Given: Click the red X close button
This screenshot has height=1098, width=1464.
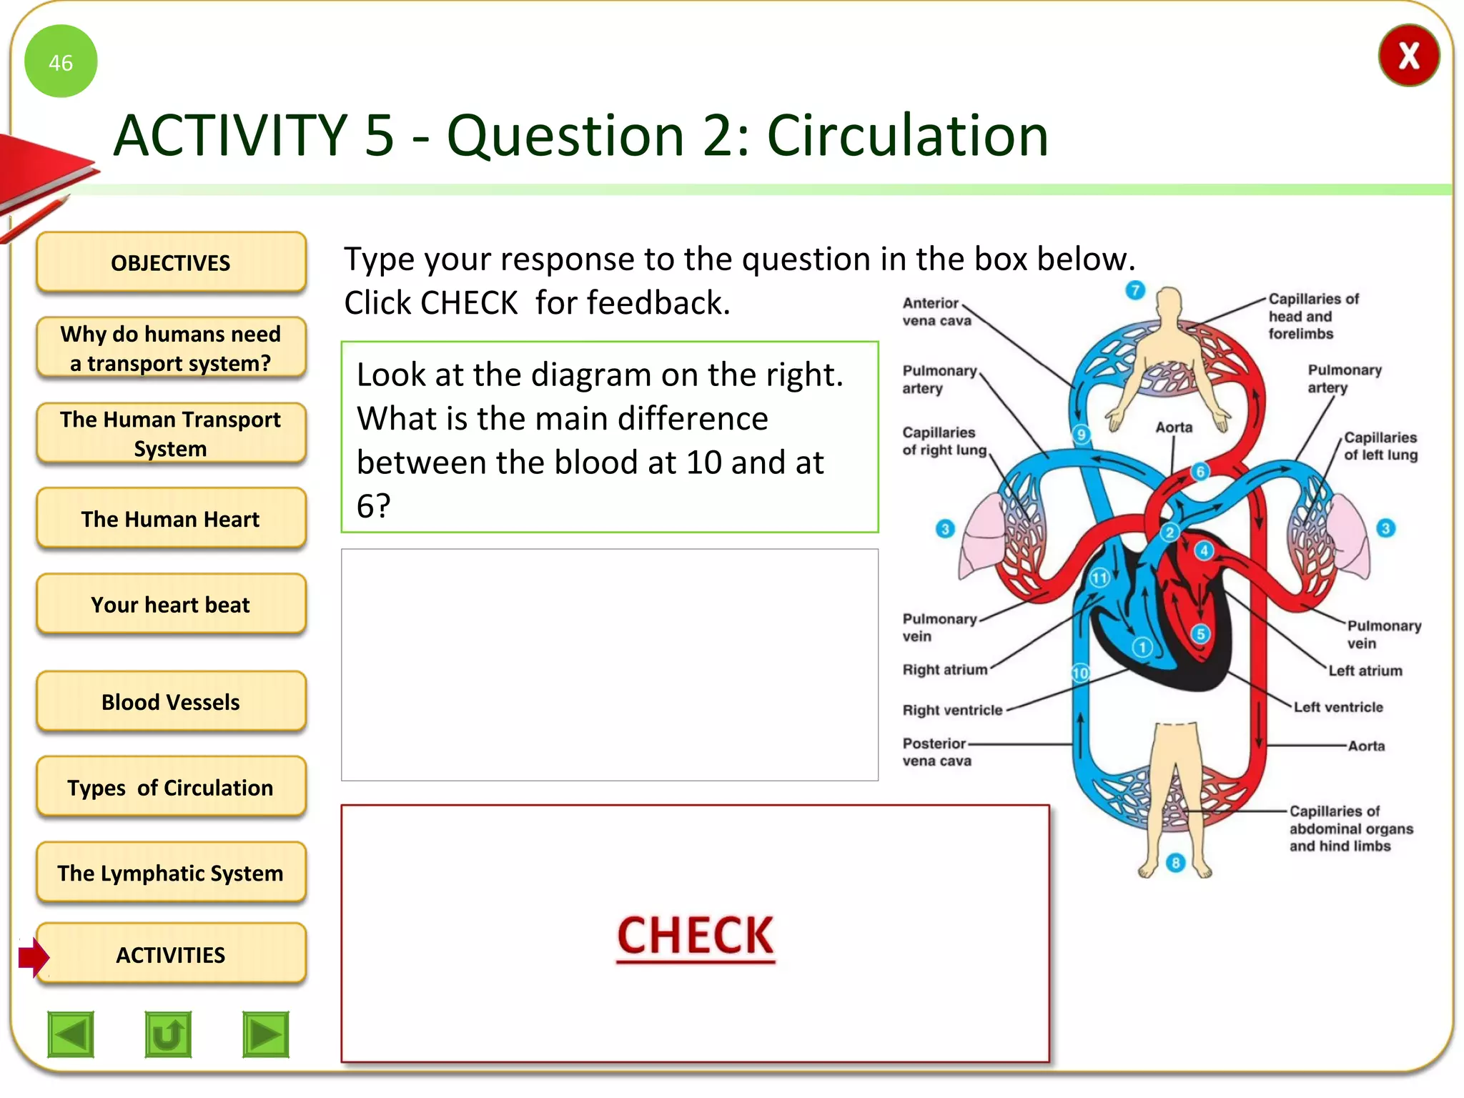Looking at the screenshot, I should click(1408, 56).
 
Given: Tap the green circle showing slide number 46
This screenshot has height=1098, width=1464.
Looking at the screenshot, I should click(61, 61).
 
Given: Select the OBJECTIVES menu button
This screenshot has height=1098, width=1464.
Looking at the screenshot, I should click(171, 262).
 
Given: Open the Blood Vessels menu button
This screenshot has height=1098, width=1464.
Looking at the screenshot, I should click(171, 701).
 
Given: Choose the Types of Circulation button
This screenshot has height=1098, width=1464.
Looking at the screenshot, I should click(171, 787).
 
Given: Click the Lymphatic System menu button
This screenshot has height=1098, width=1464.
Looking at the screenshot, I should click(171, 873).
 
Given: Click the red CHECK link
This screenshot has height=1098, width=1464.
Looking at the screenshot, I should click(695, 936).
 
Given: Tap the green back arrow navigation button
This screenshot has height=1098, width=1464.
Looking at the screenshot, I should click(71, 1034).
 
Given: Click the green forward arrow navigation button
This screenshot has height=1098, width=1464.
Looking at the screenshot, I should click(265, 1034).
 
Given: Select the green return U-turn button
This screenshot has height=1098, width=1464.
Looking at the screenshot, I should click(168, 1034).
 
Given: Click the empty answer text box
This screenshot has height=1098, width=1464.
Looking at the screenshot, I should click(609, 664).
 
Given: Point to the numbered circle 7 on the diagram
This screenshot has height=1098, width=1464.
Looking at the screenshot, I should click(1135, 290).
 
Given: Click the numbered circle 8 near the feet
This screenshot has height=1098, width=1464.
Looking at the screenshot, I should click(1175, 863).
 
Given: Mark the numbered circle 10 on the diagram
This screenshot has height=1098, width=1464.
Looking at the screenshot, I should click(1080, 673).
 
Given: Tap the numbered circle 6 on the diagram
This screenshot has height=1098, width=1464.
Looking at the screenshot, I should click(1200, 471).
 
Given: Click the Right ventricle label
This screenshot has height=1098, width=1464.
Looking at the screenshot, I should click(952, 710).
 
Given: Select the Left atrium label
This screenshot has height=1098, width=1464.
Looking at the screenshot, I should click(1365, 671).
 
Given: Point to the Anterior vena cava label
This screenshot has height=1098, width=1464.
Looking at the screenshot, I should click(936, 312).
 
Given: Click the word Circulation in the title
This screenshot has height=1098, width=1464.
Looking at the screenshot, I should click(907, 135).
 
